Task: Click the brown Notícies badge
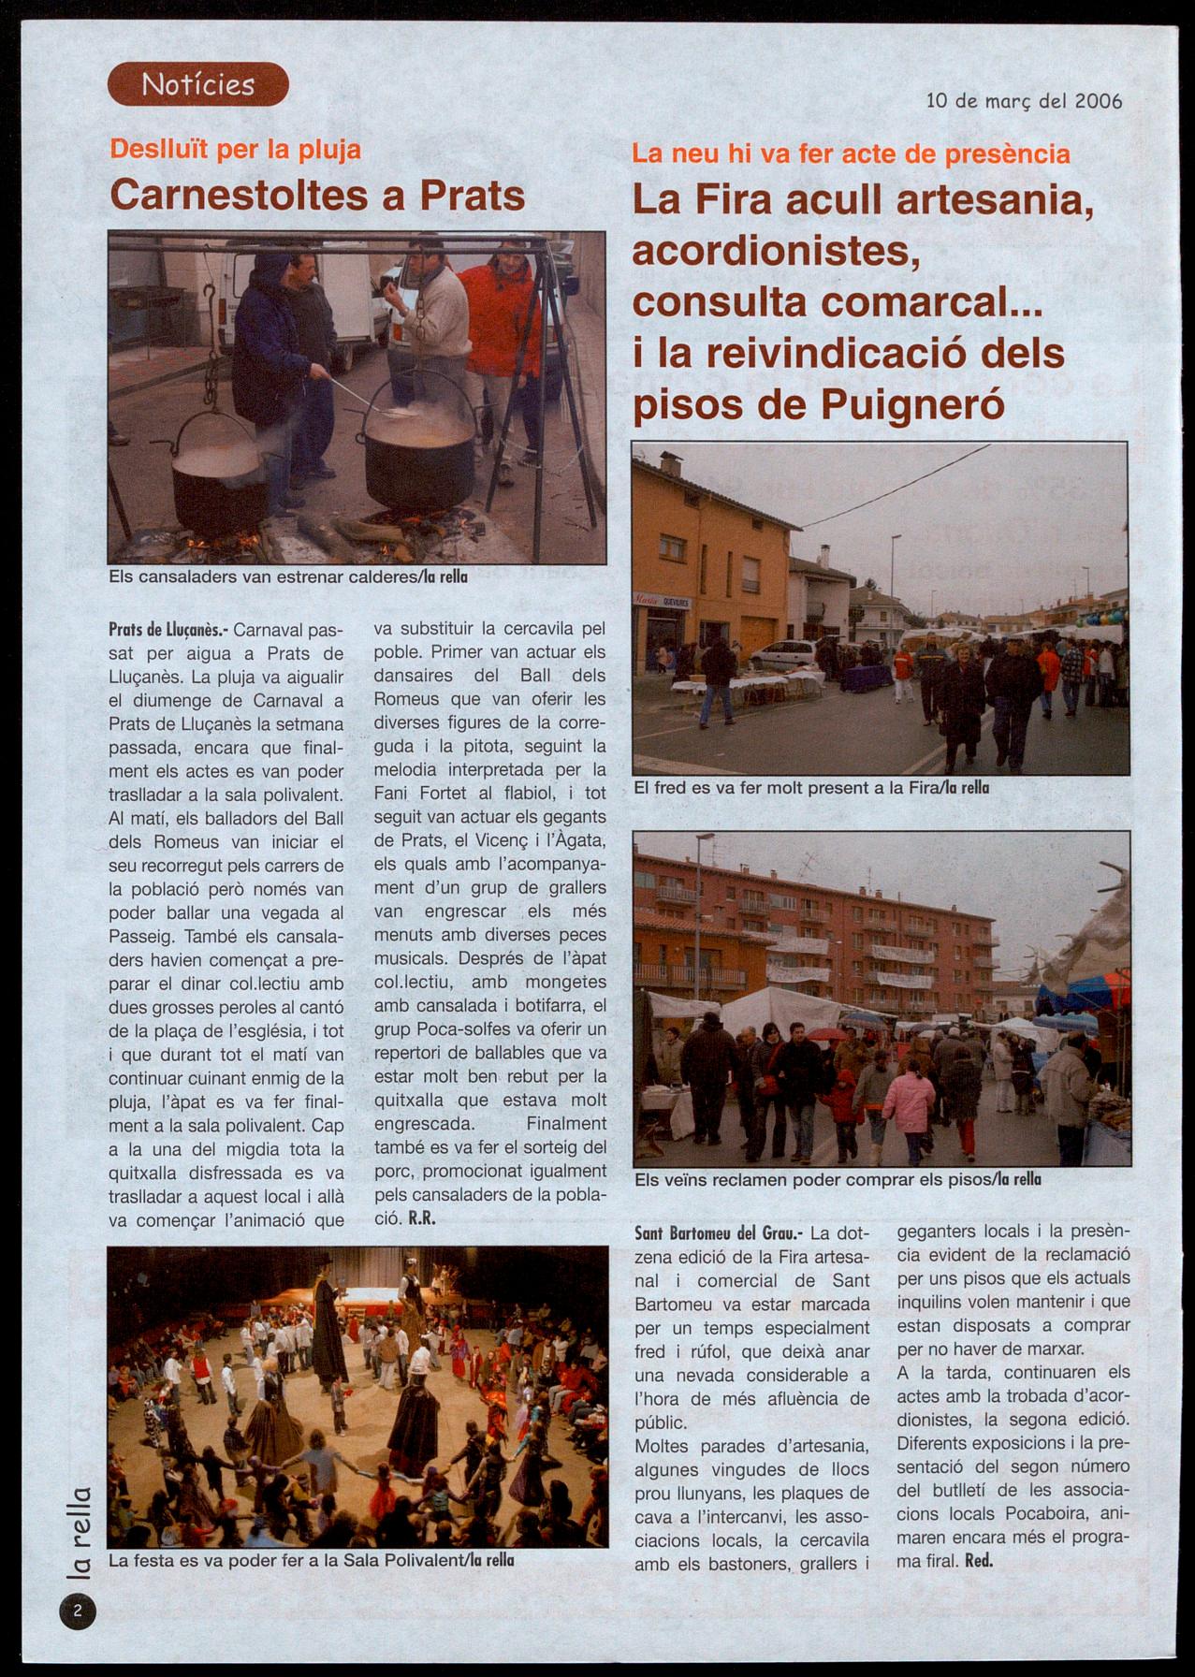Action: coord(197,84)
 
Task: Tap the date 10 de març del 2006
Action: coord(1024,100)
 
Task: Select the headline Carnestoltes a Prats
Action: coord(317,195)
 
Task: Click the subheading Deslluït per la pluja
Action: coord(235,150)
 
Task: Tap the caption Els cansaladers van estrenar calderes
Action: coord(288,577)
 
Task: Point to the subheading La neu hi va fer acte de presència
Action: coord(851,153)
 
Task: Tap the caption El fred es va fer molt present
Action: coord(810,788)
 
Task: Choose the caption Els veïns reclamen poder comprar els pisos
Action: coord(837,1180)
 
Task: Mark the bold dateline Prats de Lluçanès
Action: coord(162,630)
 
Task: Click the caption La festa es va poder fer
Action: coord(311,1561)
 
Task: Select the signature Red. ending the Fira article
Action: coord(977,1560)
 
